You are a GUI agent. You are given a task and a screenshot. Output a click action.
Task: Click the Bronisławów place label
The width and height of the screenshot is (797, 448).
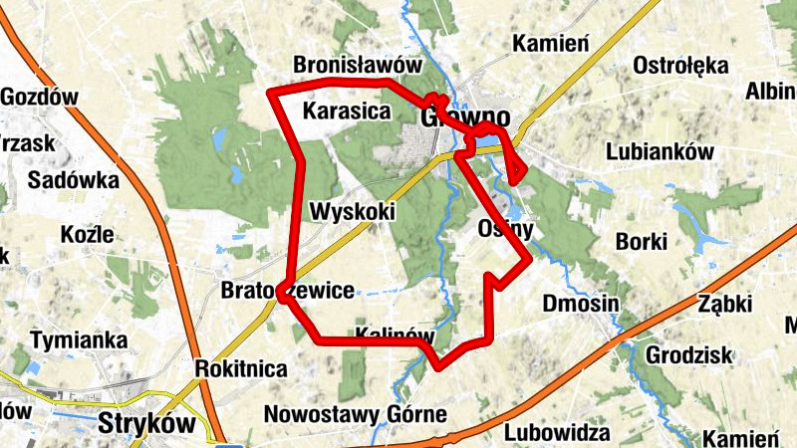click(x=353, y=65)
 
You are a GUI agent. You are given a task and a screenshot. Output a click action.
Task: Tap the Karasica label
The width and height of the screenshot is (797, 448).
click(x=347, y=111)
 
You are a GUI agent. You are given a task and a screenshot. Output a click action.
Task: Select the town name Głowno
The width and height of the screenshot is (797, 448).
click(x=465, y=117)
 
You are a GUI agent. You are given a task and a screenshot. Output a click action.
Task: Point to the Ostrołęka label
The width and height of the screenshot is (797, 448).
click(x=682, y=67)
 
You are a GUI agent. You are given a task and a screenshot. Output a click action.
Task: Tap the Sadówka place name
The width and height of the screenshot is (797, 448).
click(x=74, y=181)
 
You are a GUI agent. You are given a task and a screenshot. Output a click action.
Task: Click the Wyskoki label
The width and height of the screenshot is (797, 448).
click(x=353, y=211)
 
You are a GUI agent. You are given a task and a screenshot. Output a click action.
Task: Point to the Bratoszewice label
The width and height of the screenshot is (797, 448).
click(x=287, y=292)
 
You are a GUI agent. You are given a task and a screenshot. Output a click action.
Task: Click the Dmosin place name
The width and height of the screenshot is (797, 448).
click(x=582, y=303)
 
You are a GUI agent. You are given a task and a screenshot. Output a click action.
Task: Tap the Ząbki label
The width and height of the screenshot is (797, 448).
click(x=723, y=303)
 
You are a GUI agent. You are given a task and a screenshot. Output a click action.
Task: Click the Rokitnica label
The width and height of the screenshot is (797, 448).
click(x=242, y=369)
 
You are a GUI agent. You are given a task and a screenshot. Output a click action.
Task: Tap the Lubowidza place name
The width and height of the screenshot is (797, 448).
click(x=557, y=432)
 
